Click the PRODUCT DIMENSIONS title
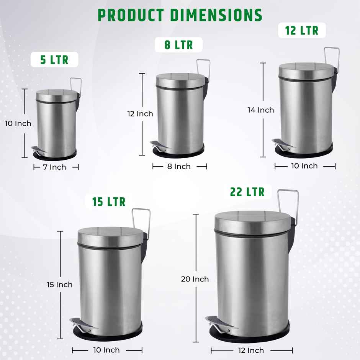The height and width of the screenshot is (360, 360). tap(180, 15)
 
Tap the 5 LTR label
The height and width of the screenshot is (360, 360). tap(54, 60)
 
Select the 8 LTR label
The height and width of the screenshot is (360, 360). tap(178, 45)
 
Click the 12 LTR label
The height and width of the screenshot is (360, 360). tap(302, 30)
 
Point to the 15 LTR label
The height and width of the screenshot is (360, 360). tap(109, 201)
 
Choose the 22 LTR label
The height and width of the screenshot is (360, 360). tap(247, 192)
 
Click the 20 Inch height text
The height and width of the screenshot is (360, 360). tap(195, 279)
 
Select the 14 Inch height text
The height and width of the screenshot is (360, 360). tap(260, 110)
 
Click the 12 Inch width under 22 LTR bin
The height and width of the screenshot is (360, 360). tap(251, 350)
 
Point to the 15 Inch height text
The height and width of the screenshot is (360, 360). tap(59, 285)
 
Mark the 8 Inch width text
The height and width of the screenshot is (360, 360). tap(179, 166)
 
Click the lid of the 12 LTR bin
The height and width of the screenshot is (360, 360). tap(304, 70)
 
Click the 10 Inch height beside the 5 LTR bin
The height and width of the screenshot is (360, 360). tap(18, 123)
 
